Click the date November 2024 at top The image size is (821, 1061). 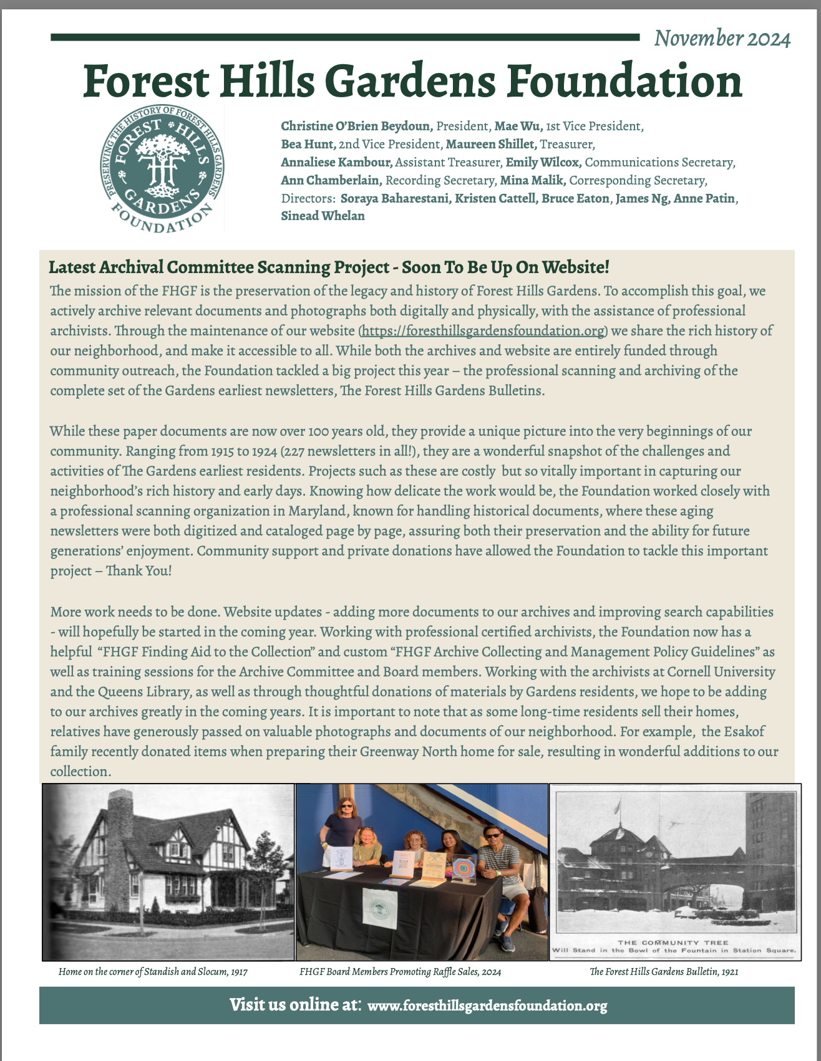[x=722, y=39]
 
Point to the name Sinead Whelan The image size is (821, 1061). [x=323, y=216]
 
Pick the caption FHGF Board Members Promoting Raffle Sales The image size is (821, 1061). [x=400, y=972]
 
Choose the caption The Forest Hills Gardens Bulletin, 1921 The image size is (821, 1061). [x=664, y=972]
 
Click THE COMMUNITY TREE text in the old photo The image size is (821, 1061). [x=673, y=943]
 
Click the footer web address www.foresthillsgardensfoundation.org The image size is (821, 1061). [x=487, y=1006]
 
